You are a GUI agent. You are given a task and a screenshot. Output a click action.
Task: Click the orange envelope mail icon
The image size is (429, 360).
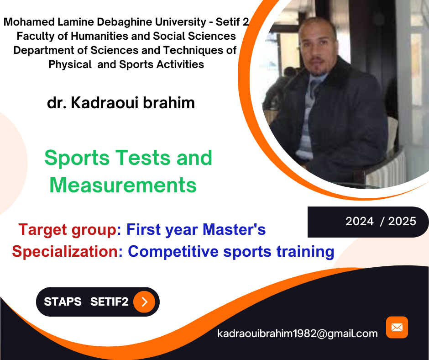coord(397,328)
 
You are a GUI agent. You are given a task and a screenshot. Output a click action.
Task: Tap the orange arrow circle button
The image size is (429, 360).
coord(144,302)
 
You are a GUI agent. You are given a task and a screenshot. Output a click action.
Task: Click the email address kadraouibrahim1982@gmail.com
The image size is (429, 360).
coord(298,334)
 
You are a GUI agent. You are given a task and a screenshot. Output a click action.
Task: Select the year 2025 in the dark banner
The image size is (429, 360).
coord(402,222)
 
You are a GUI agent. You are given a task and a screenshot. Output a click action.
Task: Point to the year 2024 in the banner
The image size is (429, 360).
coord(360,222)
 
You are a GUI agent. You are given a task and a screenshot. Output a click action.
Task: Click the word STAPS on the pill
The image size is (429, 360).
coord(63,302)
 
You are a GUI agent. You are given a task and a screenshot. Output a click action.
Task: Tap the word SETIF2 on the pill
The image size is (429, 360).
coord(109,302)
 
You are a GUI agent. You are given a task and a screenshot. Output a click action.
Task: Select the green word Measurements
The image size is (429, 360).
coord(123,185)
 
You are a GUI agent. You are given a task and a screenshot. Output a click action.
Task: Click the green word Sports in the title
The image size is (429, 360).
coord(77,159)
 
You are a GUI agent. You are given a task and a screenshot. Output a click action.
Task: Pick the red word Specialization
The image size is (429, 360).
coord(65,251)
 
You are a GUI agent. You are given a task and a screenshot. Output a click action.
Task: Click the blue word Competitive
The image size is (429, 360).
coord(173,252)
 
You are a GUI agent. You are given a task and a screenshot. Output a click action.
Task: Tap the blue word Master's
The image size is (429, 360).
coord(234,229)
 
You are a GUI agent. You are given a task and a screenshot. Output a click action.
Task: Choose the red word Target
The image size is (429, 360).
coord(43,230)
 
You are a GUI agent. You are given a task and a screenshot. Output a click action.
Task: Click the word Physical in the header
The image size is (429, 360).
coord(70,65)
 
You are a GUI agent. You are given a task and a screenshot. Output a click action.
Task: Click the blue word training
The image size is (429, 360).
coord(305,252)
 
